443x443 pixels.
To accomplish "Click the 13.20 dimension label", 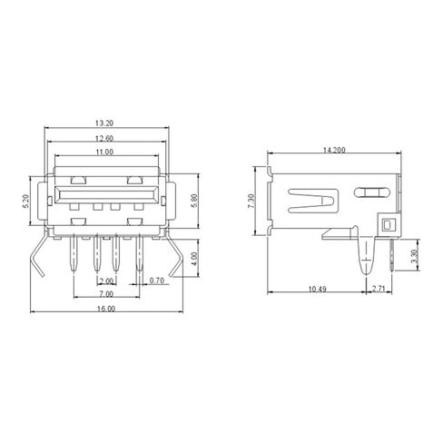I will pos(105,123).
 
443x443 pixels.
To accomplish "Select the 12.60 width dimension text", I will pos(105,138).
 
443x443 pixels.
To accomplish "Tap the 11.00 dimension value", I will pos(105,153).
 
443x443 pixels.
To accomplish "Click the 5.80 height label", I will pos(193,202).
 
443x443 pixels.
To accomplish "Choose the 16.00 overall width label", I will pos(105,310).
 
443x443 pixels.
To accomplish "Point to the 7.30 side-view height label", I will pos(251,199).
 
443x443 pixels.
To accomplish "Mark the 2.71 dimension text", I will pos(380,290).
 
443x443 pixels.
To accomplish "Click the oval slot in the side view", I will pos(370,192).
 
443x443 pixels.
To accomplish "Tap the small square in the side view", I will pos(389,223).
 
